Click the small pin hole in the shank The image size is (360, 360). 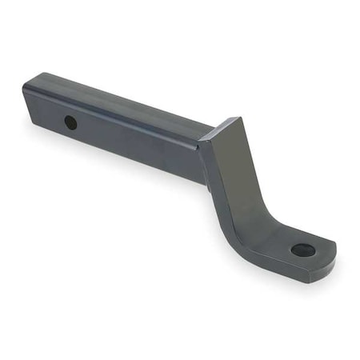pyautogui.click(x=70, y=122)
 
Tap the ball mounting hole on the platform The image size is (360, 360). pyautogui.click(x=302, y=250)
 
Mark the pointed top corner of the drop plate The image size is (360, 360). pyautogui.click(x=238, y=118)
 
